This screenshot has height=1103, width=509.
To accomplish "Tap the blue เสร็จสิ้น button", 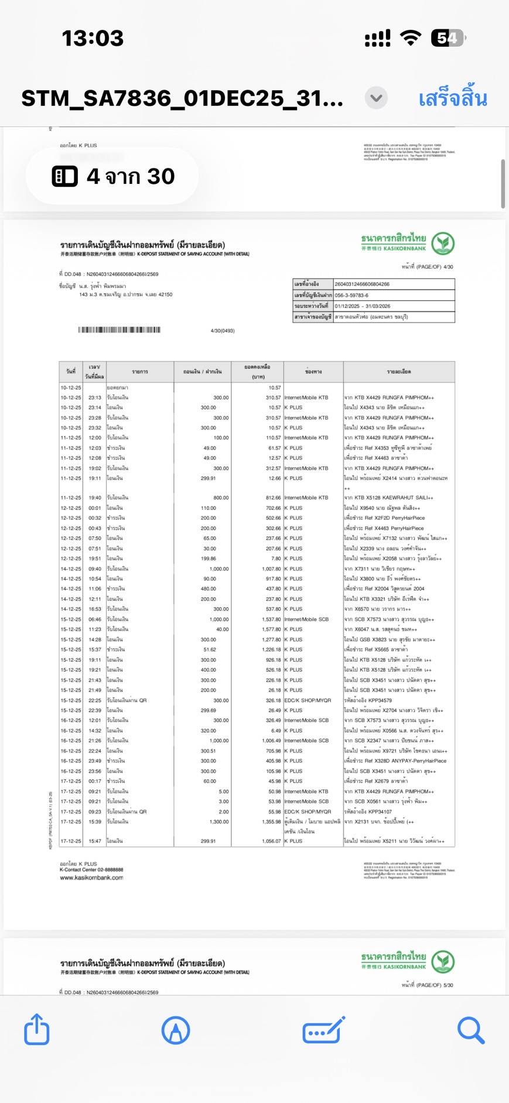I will pos(452,98).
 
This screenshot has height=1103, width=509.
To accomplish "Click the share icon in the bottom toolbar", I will pos(36,1029).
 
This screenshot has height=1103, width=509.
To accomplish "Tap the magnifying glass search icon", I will pos(470,1030).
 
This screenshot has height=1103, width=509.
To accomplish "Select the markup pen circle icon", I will pos(175,1030).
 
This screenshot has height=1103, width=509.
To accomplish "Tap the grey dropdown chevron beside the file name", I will pos(376,98).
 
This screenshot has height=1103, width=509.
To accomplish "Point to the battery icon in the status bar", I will pos(447,38).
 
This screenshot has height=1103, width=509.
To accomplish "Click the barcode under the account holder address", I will pos(119,330).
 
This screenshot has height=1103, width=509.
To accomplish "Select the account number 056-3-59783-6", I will pos(351,295).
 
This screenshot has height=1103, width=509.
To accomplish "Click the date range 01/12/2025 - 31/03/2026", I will pos(362,306).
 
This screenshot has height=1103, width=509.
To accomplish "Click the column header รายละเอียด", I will pos(398,372).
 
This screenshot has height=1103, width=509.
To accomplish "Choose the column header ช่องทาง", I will pos(313,372).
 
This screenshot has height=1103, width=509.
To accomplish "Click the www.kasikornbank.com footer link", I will pos(91,878).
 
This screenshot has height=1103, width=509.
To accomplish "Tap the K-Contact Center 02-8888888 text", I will pos(91,870).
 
